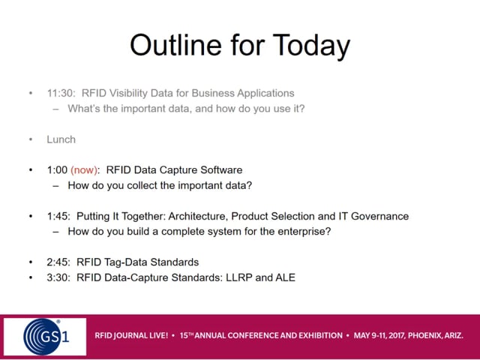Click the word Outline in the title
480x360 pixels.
tap(175, 45)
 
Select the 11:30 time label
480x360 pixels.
tap(61, 93)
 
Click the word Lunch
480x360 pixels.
tap(61, 139)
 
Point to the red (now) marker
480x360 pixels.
tap(84, 170)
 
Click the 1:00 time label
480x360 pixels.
tap(57, 170)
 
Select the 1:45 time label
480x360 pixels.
tap(58, 216)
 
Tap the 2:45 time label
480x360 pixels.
tap(58, 262)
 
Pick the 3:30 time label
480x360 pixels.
tap(58, 277)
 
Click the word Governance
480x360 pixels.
tap(379, 216)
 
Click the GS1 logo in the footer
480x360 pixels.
tap(45, 337)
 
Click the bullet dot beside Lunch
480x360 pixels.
tap(31, 139)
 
